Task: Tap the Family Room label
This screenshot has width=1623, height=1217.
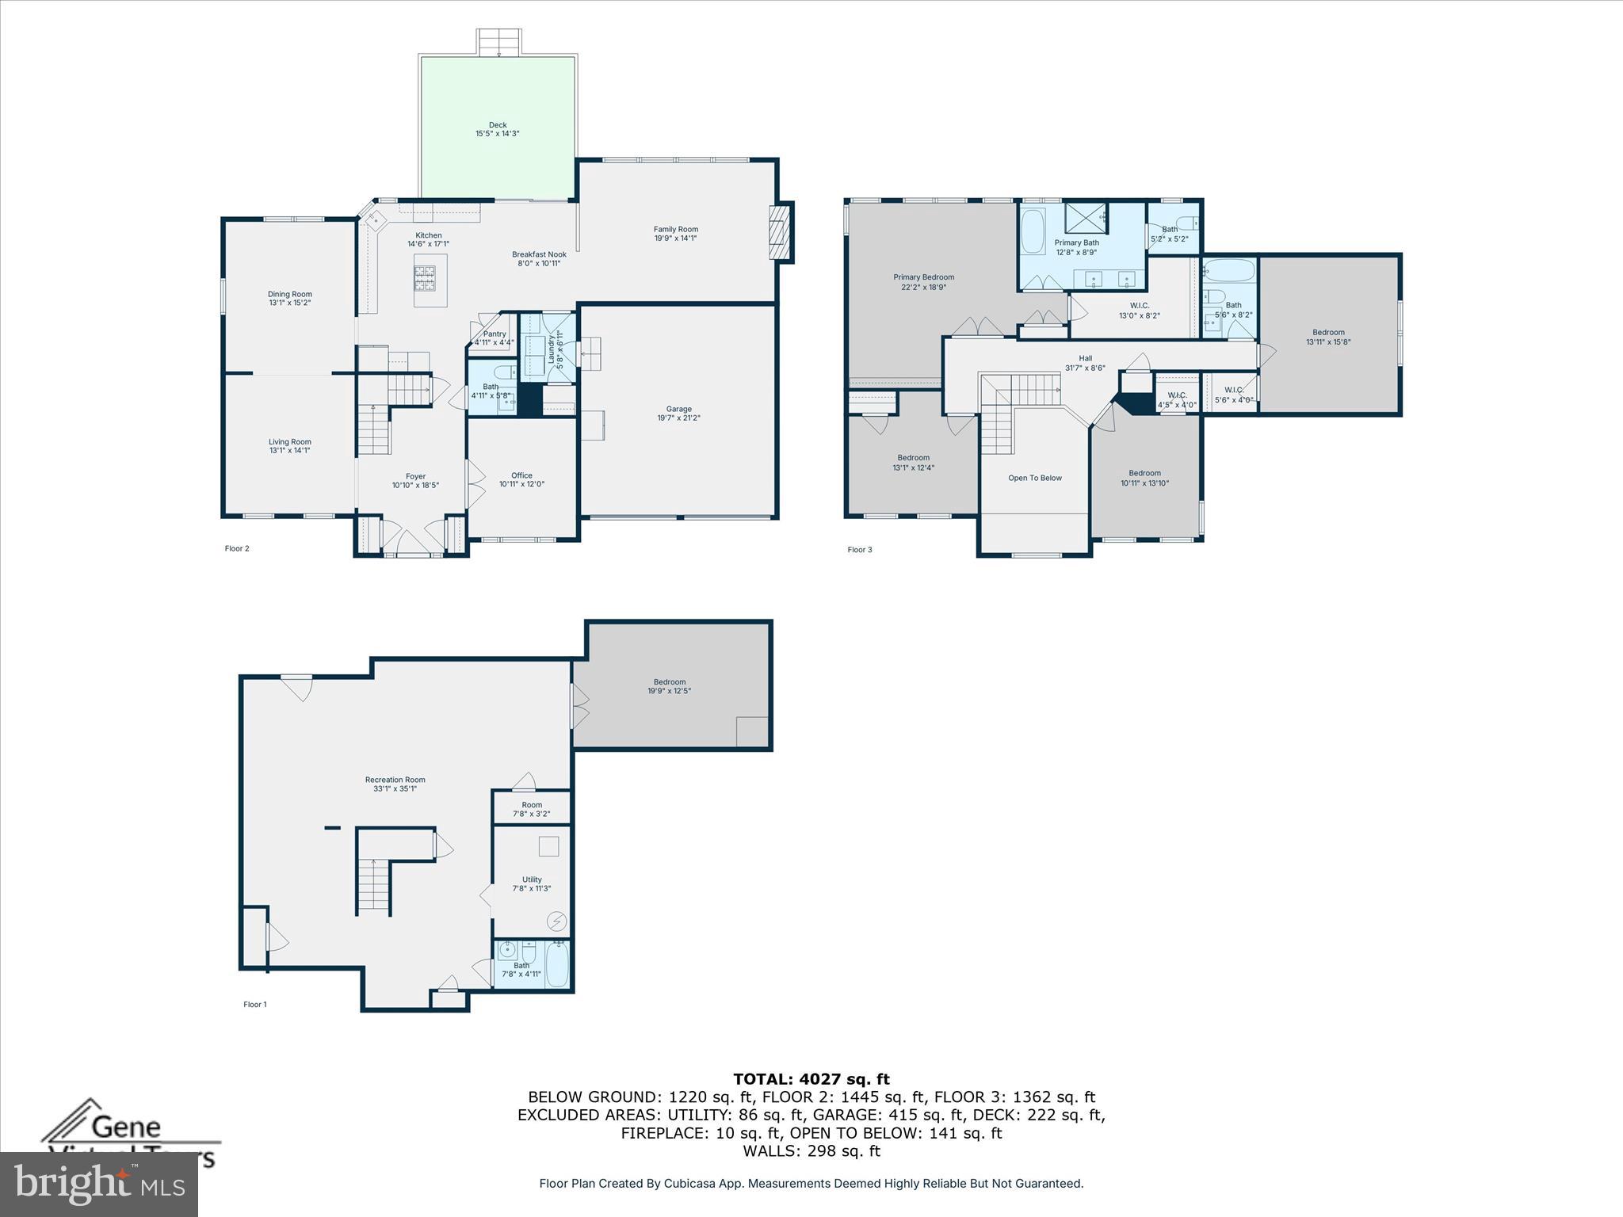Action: [x=675, y=230]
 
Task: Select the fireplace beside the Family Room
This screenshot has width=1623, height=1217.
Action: [x=781, y=231]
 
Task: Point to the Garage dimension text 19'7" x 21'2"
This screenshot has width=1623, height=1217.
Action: [x=678, y=418]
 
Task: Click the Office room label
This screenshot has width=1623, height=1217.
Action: [x=521, y=475]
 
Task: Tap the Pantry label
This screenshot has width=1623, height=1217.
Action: [x=495, y=334]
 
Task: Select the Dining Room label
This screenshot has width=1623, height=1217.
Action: [x=289, y=294]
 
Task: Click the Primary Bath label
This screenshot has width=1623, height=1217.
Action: [x=1076, y=242]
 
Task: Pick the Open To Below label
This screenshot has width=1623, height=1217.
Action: [x=1034, y=478]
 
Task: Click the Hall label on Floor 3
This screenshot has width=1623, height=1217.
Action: [x=1085, y=359]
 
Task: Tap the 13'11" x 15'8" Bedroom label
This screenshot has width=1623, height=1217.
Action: [x=1328, y=338]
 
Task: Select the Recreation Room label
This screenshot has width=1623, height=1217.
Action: [x=395, y=780]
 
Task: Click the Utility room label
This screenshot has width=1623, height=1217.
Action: [x=532, y=879]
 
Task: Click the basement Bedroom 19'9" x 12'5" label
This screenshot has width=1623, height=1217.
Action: [x=670, y=686]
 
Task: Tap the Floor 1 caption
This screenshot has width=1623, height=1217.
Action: [x=255, y=1004]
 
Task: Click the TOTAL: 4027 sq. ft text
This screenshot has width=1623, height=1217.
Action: [x=811, y=1078]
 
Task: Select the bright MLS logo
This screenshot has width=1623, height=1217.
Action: [x=99, y=1185]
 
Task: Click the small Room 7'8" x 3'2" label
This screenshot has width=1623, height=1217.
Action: [x=532, y=809]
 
